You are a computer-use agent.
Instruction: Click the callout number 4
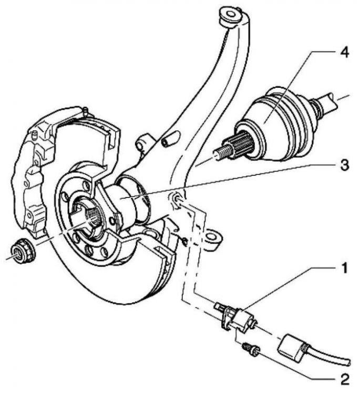(x=344, y=53)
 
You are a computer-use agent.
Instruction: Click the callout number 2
(x=344, y=379)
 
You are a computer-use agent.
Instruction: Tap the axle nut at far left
(x=23, y=251)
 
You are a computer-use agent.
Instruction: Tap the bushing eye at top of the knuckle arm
(x=231, y=16)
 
